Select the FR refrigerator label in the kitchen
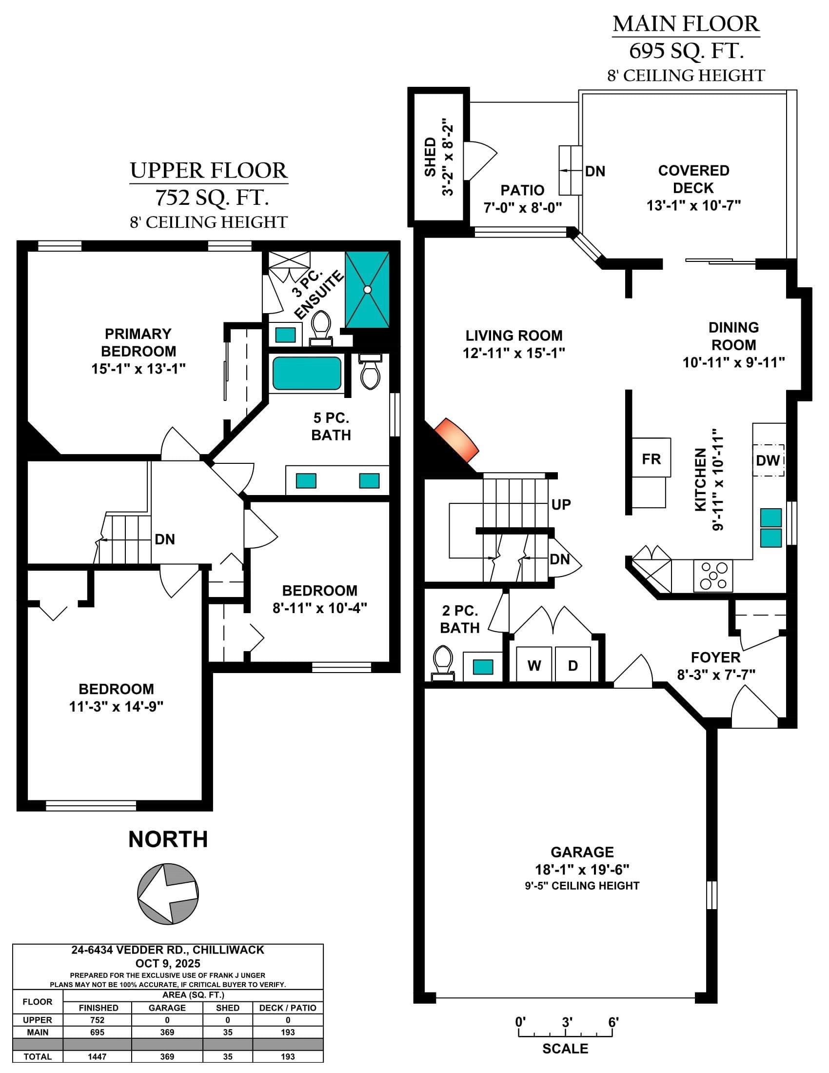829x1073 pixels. point(651,459)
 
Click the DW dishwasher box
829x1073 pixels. point(769,460)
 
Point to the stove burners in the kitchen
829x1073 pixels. point(713,576)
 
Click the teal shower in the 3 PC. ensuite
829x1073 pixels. point(367,289)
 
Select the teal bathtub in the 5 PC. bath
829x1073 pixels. point(307,374)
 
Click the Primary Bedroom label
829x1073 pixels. point(138,342)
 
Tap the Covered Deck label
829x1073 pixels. point(693,179)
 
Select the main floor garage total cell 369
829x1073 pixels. point(167,1032)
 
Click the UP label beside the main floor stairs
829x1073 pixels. point(561,505)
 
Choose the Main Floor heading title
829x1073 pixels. point(686,24)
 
